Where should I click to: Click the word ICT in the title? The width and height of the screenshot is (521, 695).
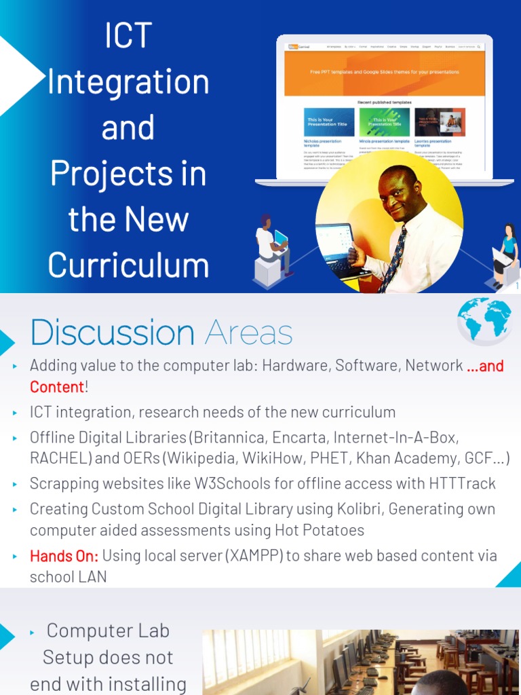[128, 36]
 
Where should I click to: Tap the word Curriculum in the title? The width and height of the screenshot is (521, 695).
[128, 265]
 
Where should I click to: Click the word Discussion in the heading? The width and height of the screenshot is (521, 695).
[113, 333]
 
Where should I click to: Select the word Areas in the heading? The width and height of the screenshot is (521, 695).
[249, 333]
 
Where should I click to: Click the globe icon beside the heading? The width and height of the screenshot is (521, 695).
[484, 319]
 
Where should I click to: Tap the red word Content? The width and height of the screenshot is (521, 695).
[57, 387]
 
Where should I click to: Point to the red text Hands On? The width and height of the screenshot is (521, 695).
[64, 556]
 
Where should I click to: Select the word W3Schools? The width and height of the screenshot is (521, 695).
[242, 483]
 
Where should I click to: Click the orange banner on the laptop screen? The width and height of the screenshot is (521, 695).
[384, 73]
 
